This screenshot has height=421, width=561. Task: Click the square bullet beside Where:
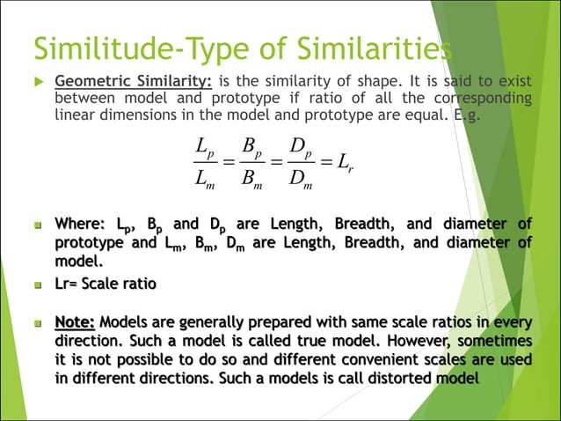(38, 224)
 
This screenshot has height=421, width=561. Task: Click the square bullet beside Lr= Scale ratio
(38, 285)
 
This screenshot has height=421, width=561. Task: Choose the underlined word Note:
(75, 321)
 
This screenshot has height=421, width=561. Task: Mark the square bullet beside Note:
(38, 321)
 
